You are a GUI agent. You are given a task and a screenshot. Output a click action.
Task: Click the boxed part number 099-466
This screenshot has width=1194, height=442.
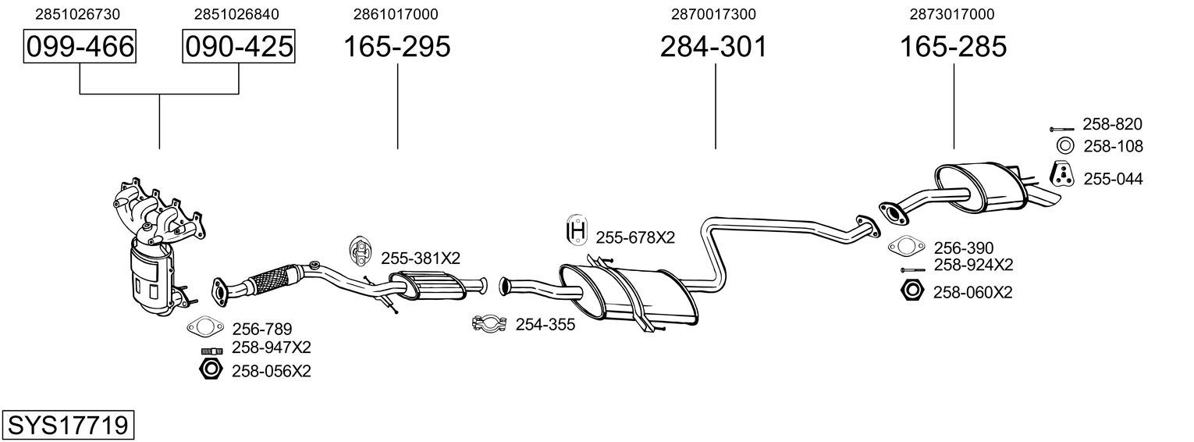click(x=80, y=46)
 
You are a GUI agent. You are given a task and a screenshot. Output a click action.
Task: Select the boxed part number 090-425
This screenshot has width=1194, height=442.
click(x=239, y=46)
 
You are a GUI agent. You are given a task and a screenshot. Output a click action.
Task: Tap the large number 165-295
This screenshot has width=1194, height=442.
click(x=397, y=46)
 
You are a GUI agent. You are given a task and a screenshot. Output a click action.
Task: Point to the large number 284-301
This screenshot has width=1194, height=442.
click(x=714, y=46)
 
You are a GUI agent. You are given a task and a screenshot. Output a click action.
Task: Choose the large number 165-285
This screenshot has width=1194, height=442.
click(x=954, y=46)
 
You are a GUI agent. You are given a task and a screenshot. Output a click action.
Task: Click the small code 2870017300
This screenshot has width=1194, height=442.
click(x=713, y=14)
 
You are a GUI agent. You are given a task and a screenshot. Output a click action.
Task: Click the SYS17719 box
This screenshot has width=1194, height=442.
click(x=68, y=425)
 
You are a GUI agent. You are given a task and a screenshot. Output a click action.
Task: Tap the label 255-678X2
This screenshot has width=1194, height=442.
click(x=635, y=237)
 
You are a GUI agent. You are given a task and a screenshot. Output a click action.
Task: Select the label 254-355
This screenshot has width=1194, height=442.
click(x=545, y=324)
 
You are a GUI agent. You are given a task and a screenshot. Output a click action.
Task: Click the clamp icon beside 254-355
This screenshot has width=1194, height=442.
click(x=489, y=323)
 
